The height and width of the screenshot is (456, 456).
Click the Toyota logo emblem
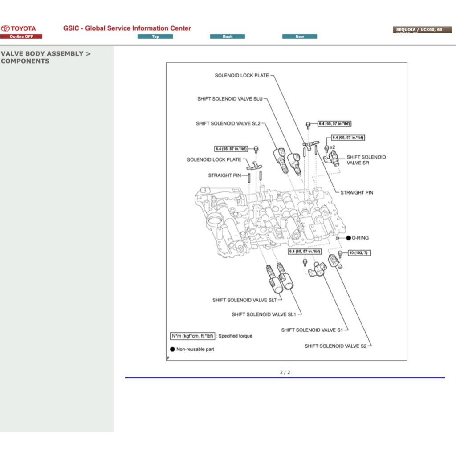5,28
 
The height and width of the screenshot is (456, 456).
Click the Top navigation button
155,37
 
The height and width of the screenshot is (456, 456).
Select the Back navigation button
228,37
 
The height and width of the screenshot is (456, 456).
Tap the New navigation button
300,37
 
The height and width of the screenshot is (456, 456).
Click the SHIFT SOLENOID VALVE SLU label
230,99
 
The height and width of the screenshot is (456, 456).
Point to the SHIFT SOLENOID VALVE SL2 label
228,123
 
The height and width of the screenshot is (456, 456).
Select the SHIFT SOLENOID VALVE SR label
366,160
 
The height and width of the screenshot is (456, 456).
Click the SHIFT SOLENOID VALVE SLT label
244,300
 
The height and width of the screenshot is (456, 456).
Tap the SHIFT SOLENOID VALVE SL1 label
264,314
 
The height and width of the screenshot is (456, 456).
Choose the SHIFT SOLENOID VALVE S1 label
312,330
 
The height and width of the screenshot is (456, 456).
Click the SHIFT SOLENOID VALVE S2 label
335,346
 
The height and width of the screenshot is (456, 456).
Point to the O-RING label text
360,238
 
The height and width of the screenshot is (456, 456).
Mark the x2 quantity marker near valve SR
332,147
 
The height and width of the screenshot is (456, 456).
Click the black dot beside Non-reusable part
172,350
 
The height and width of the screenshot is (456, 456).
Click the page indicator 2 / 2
285,372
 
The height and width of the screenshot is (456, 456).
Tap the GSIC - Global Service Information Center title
127,28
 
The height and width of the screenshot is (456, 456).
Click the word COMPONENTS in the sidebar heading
25,61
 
